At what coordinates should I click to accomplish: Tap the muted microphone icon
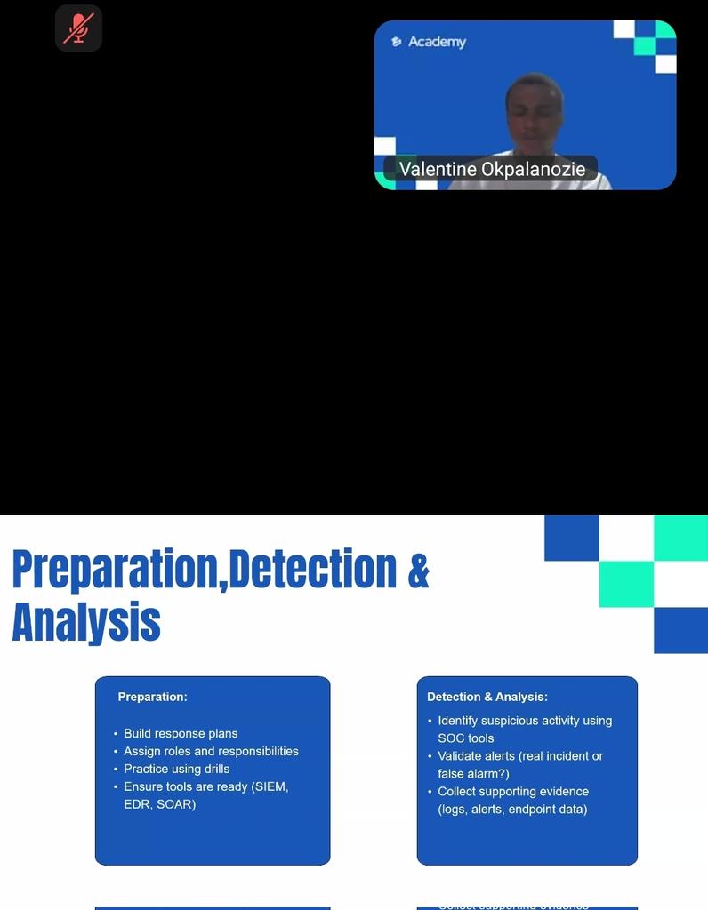tap(78, 28)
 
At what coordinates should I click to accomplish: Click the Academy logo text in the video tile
tap(437, 42)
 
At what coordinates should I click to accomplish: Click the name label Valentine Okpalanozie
tap(492, 169)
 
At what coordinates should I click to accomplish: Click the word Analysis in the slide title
tap(86, 622)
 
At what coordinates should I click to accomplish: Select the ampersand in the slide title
tap(418, 571)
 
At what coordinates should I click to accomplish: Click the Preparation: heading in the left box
tap(152, 697)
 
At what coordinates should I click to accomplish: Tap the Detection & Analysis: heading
tap(487, 697)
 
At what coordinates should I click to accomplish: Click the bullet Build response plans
tap(181, 733)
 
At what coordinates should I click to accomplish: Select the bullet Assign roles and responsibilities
tap(211, 751)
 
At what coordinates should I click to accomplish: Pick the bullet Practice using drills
tap(176, 769)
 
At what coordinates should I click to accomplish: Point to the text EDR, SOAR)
tap(159, 804)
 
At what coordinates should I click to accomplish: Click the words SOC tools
tap(465, 738)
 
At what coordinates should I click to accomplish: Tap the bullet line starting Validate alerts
tap(519, 756)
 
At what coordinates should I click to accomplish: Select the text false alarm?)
tap(473, 774)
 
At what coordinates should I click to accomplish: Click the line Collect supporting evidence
tap(512, 791)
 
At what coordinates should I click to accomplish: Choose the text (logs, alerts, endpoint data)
tap(512, 809)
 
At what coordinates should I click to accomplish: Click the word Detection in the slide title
tap(312, 571)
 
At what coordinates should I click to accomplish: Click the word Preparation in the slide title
tap(114, 571)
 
